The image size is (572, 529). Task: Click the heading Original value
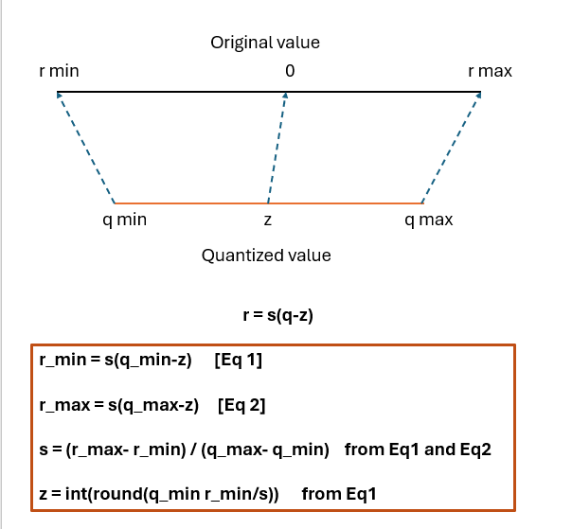[265, 43]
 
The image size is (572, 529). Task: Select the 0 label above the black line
[290, 71]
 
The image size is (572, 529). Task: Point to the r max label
[490, 71]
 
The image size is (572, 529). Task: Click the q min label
[124, 220]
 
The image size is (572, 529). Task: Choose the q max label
[428, 220]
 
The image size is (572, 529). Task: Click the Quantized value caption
[266, 256]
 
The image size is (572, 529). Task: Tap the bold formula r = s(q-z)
[278, 315]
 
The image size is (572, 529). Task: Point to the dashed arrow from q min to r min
[86, 149]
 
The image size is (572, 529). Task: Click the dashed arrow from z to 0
[277, 149]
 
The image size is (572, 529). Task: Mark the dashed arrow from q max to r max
[451, 149]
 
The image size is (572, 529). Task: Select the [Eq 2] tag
[241, 406]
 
